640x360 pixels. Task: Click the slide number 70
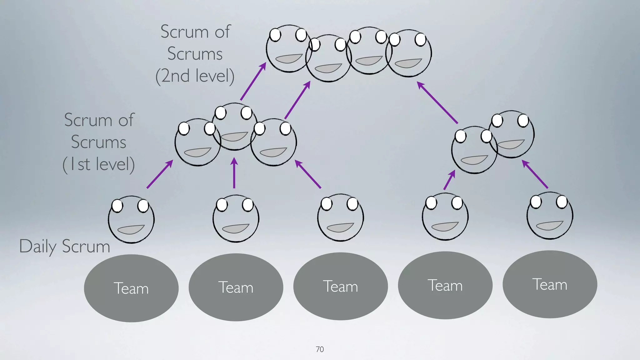coord(320,349)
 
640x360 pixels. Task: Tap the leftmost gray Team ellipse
coord(131,288)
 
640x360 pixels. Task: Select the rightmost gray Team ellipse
coord(550,284)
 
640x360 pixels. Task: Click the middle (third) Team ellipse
coord(340,286)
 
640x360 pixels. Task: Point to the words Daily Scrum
coord(65,247)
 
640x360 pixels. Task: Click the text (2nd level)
coord(195,76)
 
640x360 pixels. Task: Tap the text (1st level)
coord(99,164)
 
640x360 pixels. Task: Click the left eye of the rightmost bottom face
coord(536,202)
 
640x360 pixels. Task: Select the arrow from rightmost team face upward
coord(535,174)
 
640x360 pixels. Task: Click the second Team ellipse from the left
coord(236,287)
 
